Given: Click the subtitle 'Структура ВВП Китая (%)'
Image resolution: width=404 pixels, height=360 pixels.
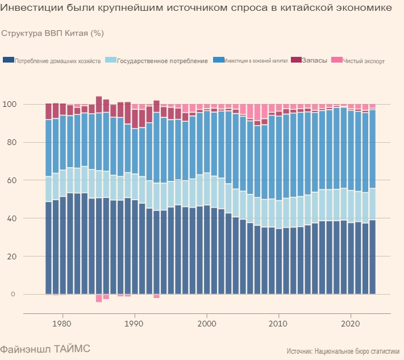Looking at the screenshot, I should pyautogui.click(x=52, y=33).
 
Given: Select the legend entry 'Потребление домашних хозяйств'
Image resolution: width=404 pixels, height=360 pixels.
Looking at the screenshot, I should pyautogui.click(x=57, y=61).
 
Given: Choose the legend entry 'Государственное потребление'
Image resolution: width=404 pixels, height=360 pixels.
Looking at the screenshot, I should pyautogui.click(x=162, y=61).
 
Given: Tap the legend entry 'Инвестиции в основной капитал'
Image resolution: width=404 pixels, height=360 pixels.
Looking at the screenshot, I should pyautogui.click(x=256, y=61).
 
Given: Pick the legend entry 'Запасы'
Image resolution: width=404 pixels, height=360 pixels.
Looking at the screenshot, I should pyautogui.click(x=314, y=60).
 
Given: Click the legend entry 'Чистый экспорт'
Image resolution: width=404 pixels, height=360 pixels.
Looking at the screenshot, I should pyautogui.click(x=364, y=61).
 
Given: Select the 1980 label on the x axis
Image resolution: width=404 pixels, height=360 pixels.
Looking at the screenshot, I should pyautogui.click(x=62, y=324).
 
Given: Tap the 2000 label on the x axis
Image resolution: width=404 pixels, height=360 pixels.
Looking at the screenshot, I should pyautogui.click(x=207, y=324).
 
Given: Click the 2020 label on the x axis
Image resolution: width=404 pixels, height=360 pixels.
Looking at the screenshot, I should pyautogui.click(x=351, y=324).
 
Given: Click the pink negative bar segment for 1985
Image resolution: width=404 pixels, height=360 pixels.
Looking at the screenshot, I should pyautogui.click(x=99, y=298).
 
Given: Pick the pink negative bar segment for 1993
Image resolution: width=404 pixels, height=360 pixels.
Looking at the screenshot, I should pyautogui.click(x=156, y=296).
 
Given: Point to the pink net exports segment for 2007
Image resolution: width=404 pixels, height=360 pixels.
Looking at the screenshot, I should pyautogui.click(x=257, y=112).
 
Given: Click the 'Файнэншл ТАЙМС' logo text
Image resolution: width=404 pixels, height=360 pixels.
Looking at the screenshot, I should pyautogui.click(x=45, y=348).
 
